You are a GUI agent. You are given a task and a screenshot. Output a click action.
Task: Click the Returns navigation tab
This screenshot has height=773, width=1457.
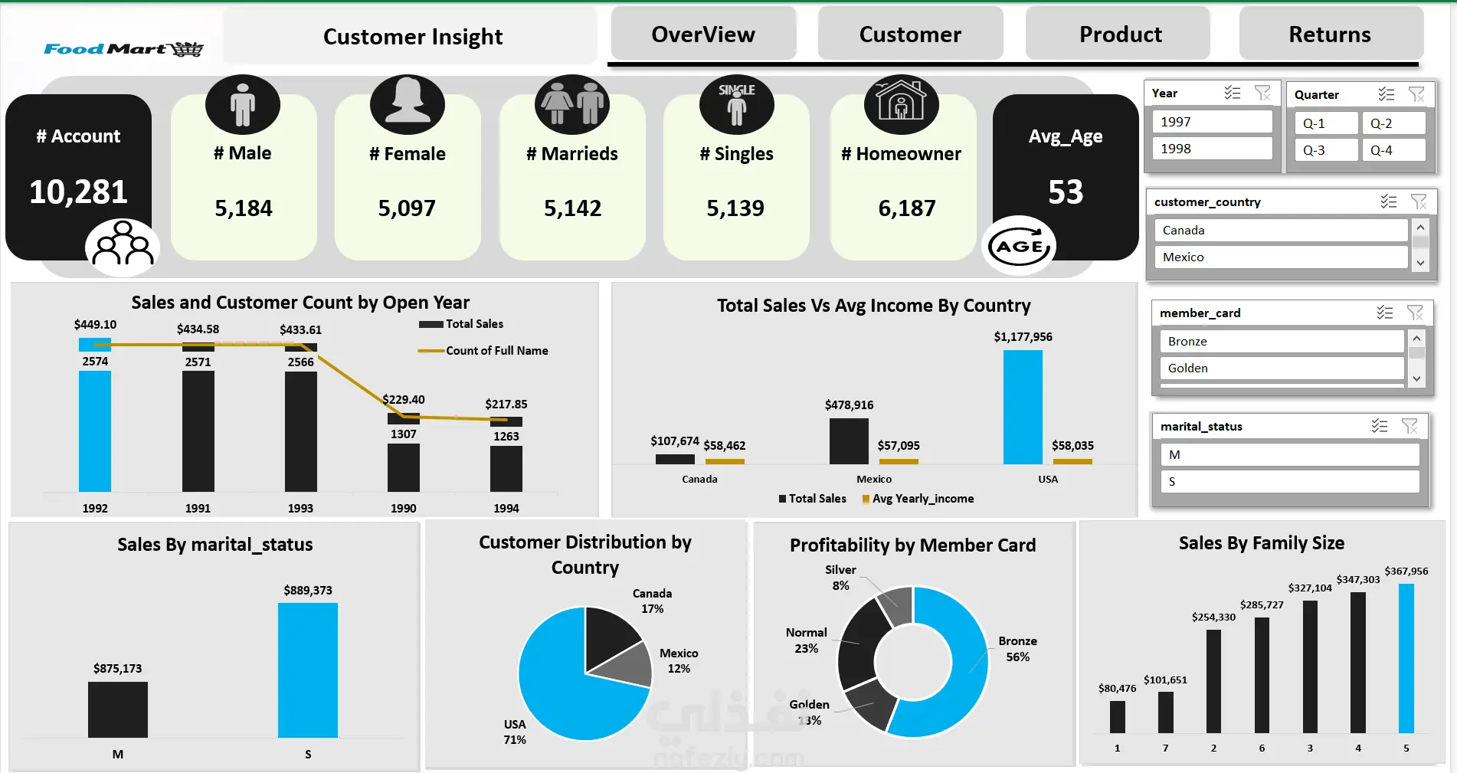tap(1330, 34)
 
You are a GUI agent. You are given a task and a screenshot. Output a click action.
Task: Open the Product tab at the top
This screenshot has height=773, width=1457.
tap(1120, 34)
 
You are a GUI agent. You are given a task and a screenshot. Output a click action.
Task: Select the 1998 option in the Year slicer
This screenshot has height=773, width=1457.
tap(1211, 149)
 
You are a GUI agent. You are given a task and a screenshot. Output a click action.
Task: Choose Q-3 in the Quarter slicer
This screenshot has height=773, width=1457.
tap(1325, 150)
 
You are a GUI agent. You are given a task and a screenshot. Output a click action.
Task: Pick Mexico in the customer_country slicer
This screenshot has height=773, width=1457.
tap(1279, 257)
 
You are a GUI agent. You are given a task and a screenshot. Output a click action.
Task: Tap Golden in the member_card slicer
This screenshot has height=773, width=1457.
tap(1279, 368)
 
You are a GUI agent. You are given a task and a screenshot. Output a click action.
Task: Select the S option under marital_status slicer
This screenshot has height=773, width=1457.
tap(1288, 482)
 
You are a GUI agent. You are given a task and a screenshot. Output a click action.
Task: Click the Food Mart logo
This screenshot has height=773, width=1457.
tap(123, 49)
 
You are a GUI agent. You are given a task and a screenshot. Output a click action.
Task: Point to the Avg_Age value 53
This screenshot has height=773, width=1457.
tap(1066, 192)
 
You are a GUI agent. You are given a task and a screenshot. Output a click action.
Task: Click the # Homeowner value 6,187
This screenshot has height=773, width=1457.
tap(906, 208)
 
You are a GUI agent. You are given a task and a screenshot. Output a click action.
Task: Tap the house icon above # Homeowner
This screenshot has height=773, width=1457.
tap(901, 103)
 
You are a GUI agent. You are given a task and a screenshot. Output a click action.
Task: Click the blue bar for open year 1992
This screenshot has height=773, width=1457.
tap(95, 429)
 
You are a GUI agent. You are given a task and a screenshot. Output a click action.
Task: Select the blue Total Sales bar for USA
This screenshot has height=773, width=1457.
tap(1023, 406)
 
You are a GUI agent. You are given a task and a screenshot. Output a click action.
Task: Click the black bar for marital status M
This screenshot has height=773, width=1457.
tap(118, 709)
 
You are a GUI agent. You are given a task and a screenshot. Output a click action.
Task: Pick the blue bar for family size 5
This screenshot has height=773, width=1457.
tap(1406, 659)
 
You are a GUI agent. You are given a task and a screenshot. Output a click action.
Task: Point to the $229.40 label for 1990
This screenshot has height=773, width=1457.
tap(404, 399)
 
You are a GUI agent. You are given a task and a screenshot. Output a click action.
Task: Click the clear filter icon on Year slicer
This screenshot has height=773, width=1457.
tap(1262, 93)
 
